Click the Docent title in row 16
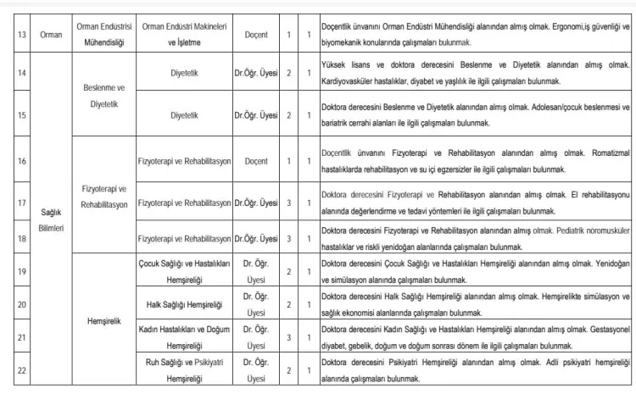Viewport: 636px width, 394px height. point(257,160)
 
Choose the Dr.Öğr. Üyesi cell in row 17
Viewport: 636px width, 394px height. point(257,203)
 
